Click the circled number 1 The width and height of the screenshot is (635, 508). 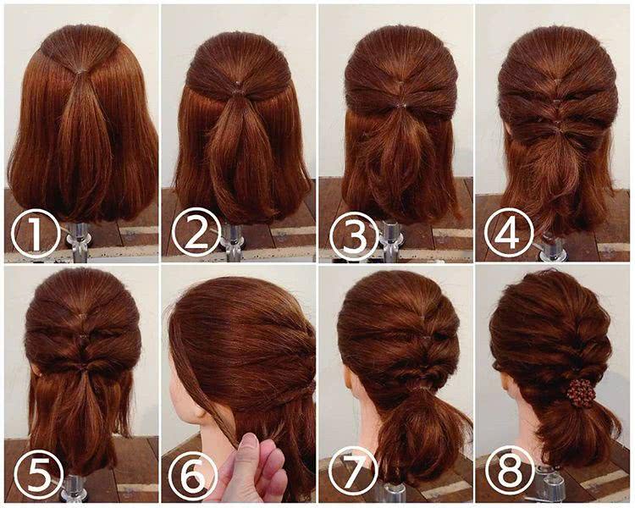pyautogui.click(x=36, y=234)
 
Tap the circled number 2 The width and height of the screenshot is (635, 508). pyautogui.click(x=196, y=232)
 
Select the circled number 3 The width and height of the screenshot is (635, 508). pyautogui.click(x=355, y=236)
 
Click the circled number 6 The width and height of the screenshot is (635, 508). pyautogui.click(x=193, y=476)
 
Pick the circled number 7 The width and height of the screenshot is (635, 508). pyautogui.click(x=353, y=472)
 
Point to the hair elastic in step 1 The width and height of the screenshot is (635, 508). pyautogui.click(x=81, y=71)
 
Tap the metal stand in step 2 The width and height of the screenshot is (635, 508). pyautogui.click(x=233, y=241)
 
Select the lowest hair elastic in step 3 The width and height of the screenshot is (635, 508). pyautogui.click(x=401, y=106)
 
